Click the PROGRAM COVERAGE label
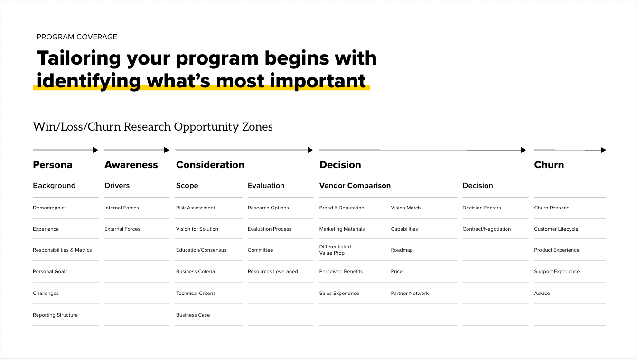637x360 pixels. (77, 37)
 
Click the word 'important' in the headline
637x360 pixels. (318, 81)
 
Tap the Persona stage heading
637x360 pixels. (53, 165)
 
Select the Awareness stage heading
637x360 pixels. (131, 165)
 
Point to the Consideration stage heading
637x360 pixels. (210, 165)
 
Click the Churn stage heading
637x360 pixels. (549, 165)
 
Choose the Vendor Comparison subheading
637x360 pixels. (355, 186)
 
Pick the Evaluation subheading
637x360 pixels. (266, 186)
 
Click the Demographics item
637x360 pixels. (50, 208)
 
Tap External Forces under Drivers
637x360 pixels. (122, 229)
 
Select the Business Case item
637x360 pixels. (193, 315)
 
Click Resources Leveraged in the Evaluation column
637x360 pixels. (273, 272)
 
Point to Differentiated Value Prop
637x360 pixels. (335, 250)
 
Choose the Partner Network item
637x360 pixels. (410, 294)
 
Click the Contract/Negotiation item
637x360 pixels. (487, 229)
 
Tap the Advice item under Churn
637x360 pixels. (542, 294)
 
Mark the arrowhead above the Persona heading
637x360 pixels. (95, 150)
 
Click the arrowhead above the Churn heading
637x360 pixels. (603, 150)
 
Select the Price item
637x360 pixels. (397, 272)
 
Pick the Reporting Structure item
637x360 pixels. (55, 315)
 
